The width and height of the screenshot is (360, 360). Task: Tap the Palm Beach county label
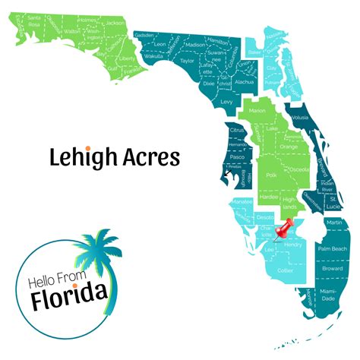[332, 248]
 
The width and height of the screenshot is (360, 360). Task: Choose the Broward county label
[331, 268]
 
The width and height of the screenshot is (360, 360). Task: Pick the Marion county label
[257, 111]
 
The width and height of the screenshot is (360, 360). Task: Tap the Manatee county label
[243, 202]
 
